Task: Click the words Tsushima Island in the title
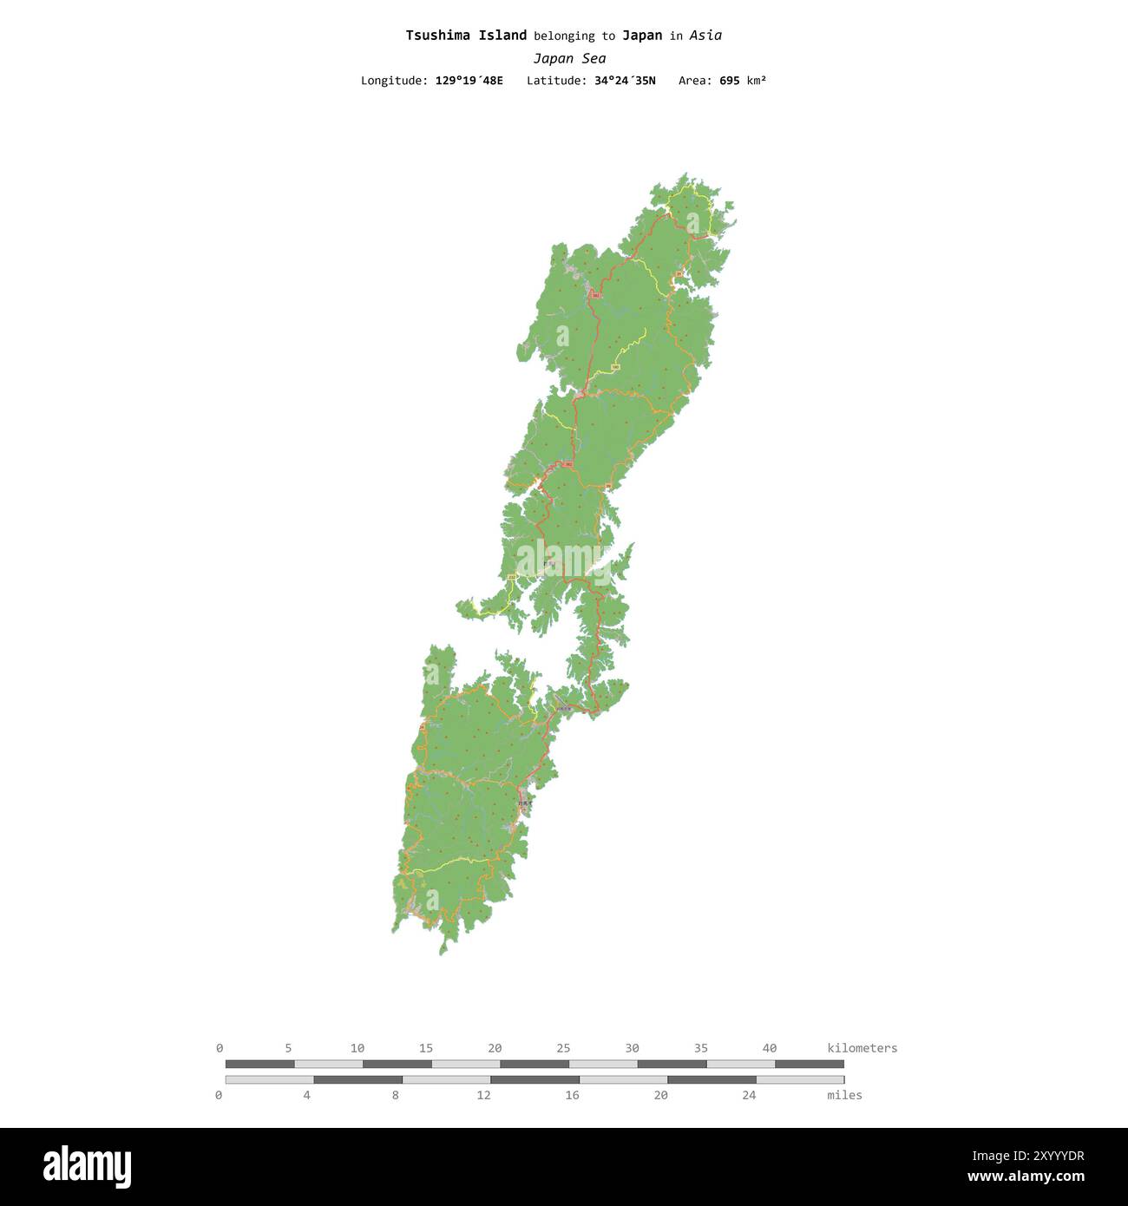466,36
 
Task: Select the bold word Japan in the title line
642,36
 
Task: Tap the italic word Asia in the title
706,36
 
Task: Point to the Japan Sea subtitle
569,59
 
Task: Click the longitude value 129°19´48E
469,81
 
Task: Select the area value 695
729,81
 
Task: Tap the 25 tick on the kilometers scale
563,1048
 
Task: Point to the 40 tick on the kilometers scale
770,1048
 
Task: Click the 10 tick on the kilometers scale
357,1048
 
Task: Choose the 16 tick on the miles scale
572,1095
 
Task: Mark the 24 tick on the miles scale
749,1095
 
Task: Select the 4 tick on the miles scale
306,1095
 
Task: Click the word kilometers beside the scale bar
862,1048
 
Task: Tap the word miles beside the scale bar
844,1095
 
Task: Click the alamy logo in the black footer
87,1167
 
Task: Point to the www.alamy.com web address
1026,1177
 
